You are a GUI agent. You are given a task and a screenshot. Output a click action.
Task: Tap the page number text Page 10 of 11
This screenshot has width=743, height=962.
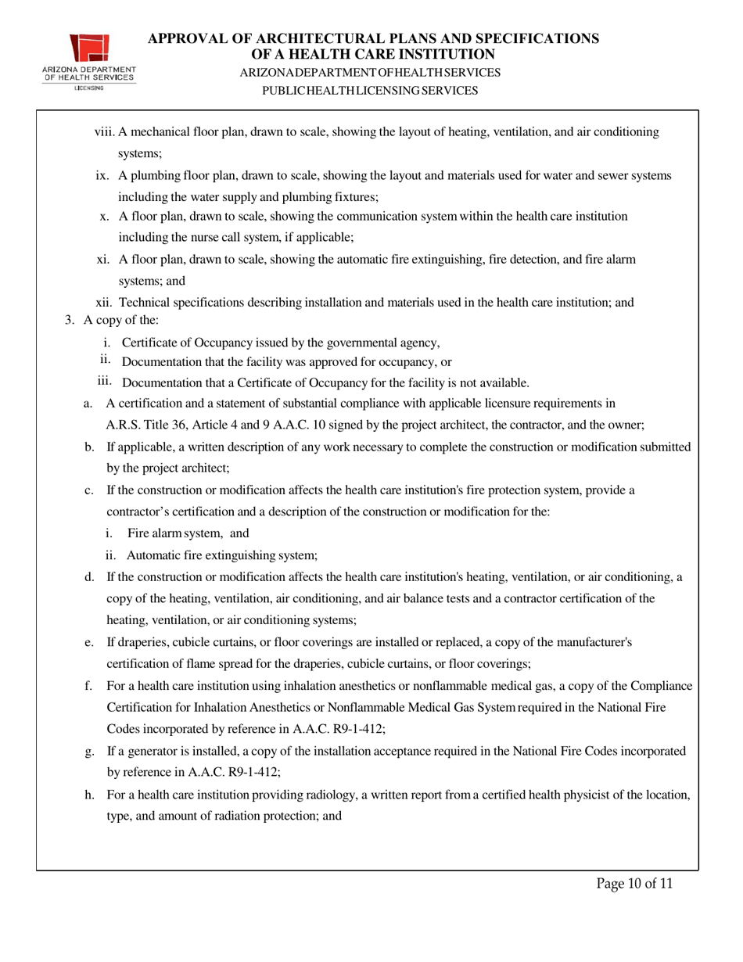click(634, 884)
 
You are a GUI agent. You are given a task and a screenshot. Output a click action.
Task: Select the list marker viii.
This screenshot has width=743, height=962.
click(104, 133)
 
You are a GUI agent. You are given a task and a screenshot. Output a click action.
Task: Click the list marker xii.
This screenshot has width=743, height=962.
click(105, 303)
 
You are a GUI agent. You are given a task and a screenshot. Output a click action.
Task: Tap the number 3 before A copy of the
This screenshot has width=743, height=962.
click(69, 321)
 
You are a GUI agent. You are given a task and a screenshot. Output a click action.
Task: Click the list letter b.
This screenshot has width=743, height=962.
click(89, 447)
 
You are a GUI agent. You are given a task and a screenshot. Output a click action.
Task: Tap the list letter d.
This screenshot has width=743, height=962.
click(89, 577)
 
